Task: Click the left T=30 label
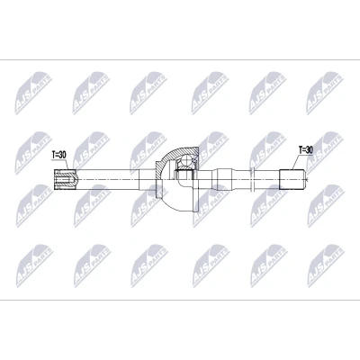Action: [58, 155]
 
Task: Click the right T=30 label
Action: [305, 150]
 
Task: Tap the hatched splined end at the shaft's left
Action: [65, 179]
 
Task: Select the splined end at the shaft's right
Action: [292, 179]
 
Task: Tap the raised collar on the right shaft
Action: [224, 179]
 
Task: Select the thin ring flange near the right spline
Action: [254, 179]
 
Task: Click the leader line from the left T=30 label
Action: [67, 165]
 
